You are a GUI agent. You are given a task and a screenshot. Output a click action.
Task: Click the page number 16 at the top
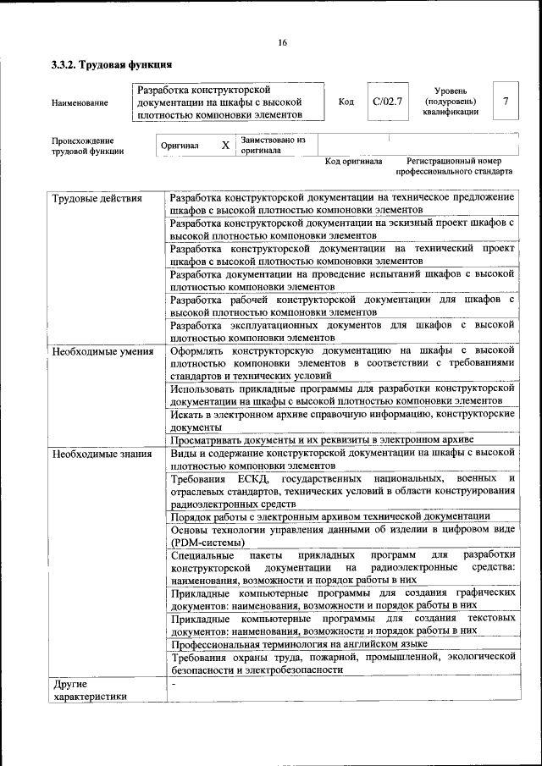(x=282, y=43)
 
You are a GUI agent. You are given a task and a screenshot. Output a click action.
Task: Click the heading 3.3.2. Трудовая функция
(x=112, y=64)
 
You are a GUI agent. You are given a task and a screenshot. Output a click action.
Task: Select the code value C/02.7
(x=387, y=102)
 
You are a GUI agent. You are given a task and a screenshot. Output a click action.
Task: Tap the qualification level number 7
(x=506, y=102)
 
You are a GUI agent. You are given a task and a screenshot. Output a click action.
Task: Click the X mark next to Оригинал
(x=225, y=146)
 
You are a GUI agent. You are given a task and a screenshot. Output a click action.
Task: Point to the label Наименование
(x=80, y=103)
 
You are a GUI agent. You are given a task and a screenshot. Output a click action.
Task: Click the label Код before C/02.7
(x=346, y=102)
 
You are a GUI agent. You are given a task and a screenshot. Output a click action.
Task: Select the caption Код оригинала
(x=354, y=161)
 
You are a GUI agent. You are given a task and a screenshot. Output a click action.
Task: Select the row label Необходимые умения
(x=102, y=351)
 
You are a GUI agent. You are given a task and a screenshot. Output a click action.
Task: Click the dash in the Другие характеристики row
(x=173, y=682)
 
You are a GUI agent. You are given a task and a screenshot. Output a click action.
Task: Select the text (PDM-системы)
(x=208, y=543)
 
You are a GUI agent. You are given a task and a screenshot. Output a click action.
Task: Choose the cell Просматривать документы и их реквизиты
(x=322, y=440)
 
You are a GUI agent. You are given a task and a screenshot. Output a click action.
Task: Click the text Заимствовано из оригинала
(x=273, y=145)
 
